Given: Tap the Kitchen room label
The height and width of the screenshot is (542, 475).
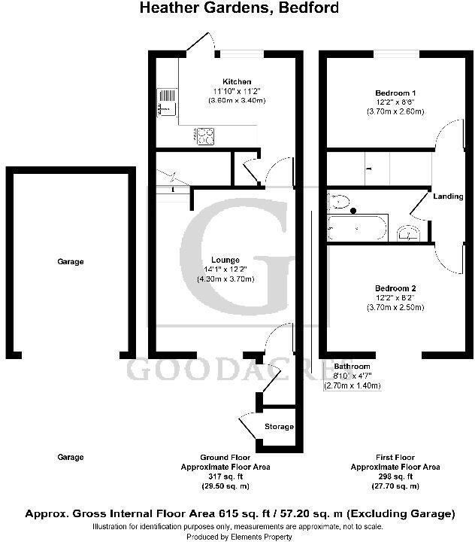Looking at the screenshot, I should pos(237,81).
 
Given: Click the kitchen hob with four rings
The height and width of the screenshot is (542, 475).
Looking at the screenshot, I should pos(205,135).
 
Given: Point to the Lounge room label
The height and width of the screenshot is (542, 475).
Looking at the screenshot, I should pos(225,260).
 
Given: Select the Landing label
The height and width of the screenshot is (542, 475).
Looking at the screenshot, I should pos(448,196).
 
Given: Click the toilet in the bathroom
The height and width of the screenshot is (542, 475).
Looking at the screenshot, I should pos(339,201).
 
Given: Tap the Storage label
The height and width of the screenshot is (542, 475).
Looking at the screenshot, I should pos(279,427).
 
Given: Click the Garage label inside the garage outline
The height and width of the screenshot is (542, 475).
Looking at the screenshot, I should pos(71,262).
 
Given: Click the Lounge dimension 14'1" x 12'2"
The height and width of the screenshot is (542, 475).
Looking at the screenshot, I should pos(225,269).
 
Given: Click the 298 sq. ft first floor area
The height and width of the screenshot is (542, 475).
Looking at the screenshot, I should pos(396,477).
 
